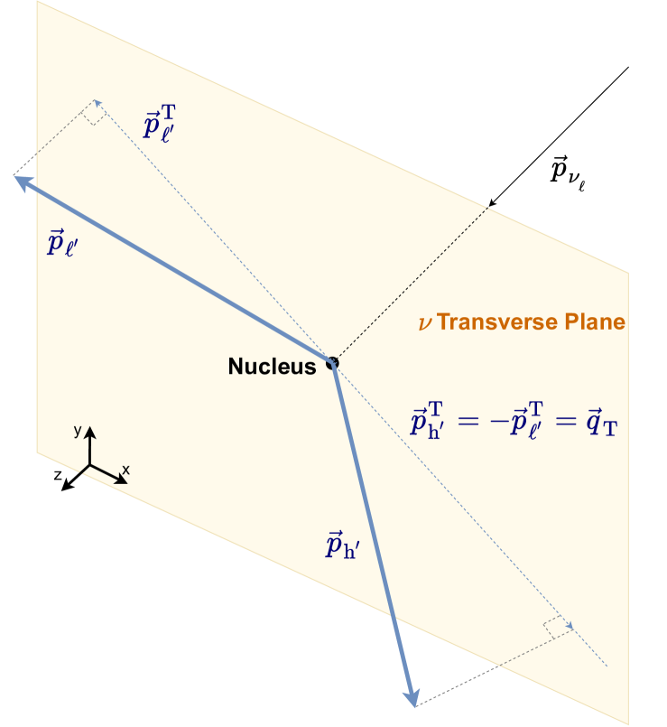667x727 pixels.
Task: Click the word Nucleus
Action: coord(272,366)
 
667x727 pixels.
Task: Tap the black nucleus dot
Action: coord(332,363)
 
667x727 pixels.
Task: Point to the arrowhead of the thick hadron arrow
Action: coord(412,699)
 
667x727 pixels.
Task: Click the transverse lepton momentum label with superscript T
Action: coord(167,124)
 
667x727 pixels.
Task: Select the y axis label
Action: coord(78,432)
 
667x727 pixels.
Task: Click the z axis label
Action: coord(56,473)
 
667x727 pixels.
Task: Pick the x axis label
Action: coord(125,470)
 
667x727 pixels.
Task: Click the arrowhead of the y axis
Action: coord(89,430)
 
